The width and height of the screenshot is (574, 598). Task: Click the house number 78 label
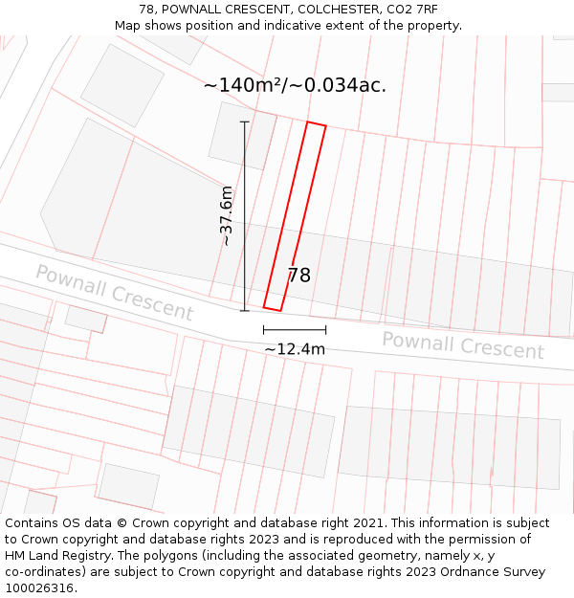click(298, 276)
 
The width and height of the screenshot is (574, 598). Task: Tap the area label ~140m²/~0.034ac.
click(295, 85)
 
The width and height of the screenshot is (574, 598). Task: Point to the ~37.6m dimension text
click(226, 216)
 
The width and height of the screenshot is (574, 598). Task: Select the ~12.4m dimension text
click(295, 349)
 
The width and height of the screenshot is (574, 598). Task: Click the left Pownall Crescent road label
click(115, 293)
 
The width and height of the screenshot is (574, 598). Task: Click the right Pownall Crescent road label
click(463, 344)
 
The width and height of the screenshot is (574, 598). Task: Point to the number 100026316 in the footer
click(38, 588)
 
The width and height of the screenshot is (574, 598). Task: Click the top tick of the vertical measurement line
click(244, 122)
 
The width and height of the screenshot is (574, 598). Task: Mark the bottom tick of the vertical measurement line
click(244, 310)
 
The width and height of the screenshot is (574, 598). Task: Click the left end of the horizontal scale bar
click(264, 329)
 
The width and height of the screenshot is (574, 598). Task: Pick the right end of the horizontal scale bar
click(325, 329)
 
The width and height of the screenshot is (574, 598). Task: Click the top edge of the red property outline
click(316, 123)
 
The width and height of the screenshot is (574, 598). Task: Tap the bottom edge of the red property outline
click(273, 309)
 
